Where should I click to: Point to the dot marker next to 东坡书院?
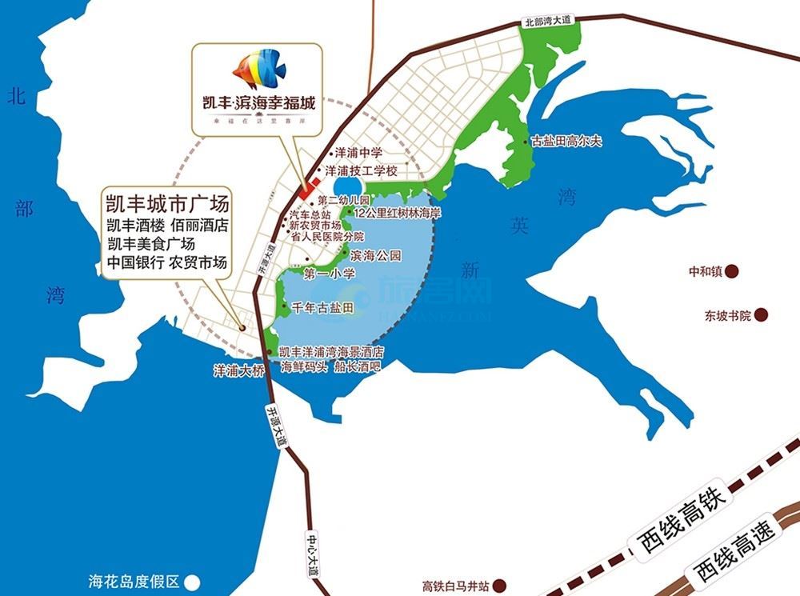pyautogui.click(x=762, y=315)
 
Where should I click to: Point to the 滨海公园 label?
pyautogui.click(x=375, y=256)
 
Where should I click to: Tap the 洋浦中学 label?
pyautogui.click(x=354, y=152)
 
